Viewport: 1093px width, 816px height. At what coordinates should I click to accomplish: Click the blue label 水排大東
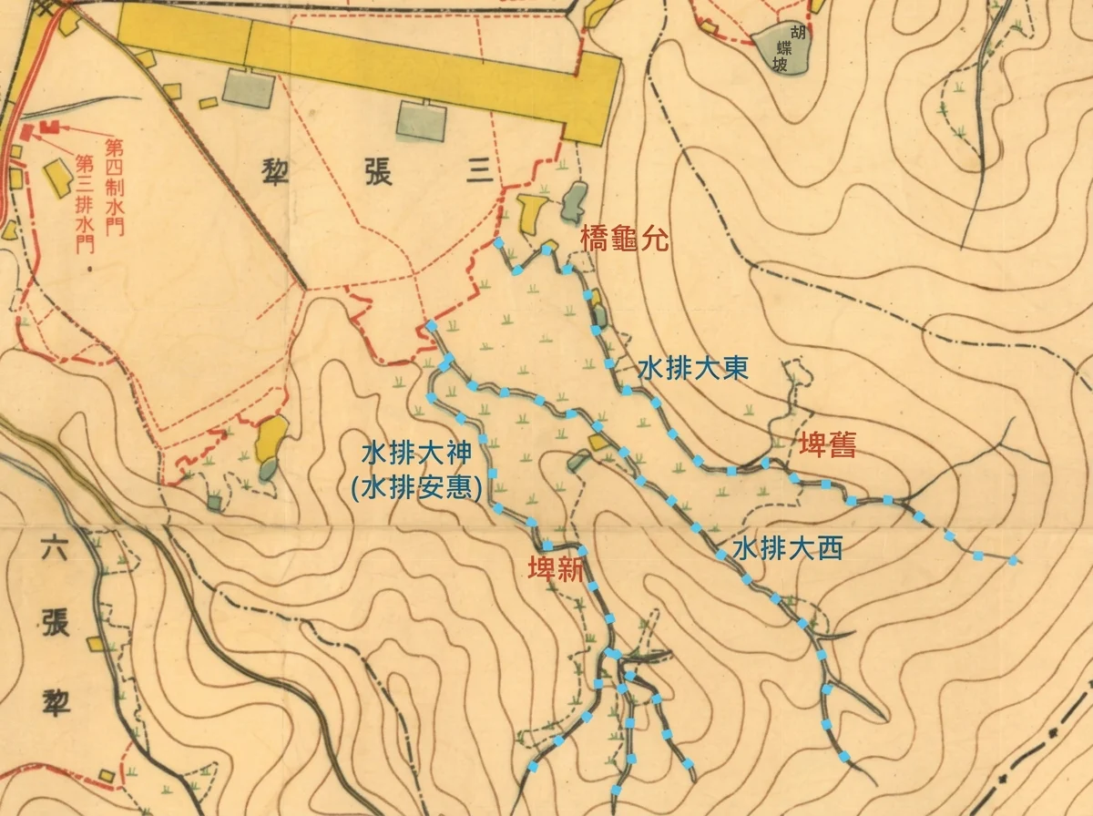pyautogui.click(x=692, y=370)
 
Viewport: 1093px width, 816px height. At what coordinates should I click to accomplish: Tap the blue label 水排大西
pyautogui.click(x=788, y=548)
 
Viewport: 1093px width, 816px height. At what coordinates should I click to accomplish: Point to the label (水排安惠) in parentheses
pyautogui.click(x=416, y=487)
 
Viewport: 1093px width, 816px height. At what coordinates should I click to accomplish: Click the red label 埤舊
pyautogui.click(x=827, y=445)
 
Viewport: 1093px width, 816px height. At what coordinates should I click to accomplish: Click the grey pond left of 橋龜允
pyautogui.click(x=575, y=200)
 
